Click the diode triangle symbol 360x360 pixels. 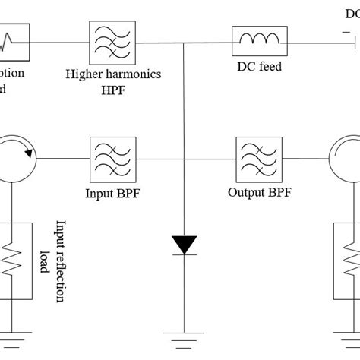[x=184, y=245]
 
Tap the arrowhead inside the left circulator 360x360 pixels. [x=28, y=152]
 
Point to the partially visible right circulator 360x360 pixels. [x=346, y=159]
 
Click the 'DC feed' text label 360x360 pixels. [x=259, y=67]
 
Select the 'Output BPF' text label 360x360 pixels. [x=260, y=192]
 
